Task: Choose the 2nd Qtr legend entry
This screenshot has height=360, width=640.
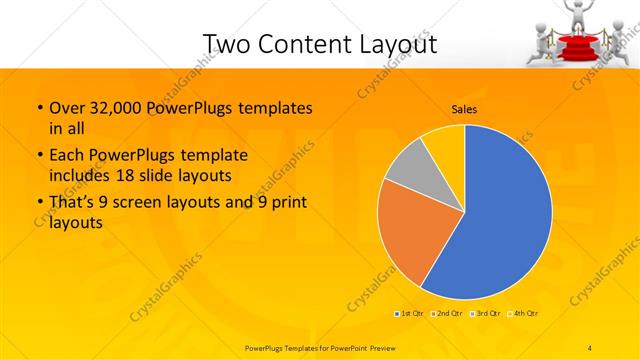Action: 446,314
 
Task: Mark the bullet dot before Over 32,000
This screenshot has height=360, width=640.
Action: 39,109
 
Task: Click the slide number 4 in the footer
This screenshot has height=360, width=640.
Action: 590,346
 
